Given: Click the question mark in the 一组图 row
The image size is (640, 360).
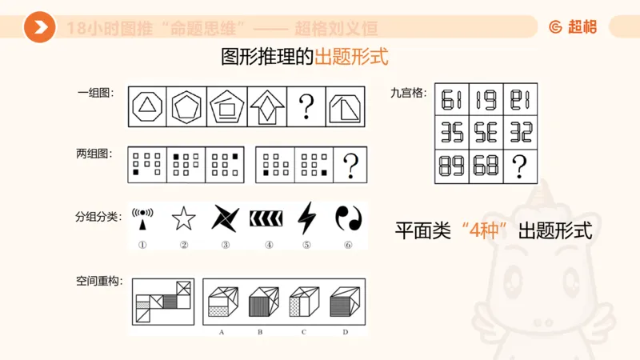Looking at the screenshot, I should [306, 106].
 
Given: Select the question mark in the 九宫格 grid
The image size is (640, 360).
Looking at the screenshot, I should [520, 166].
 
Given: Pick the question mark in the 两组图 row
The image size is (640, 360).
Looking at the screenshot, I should [350, 166].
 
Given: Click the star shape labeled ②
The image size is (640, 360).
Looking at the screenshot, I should [183, 218].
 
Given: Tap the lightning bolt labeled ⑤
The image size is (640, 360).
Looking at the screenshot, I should [306, 218].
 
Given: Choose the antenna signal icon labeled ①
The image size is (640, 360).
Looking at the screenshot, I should [142, 218].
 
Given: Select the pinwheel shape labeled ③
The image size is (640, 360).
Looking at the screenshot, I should [225, 218].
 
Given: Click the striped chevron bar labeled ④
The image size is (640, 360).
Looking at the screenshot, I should [266, 218].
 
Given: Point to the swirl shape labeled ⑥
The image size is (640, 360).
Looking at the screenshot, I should [348, 218].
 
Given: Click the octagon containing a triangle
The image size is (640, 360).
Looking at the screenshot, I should [147, 106].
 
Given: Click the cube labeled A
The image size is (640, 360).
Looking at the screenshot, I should [220, 304].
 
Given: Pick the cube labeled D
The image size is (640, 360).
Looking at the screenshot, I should [345, 304].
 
